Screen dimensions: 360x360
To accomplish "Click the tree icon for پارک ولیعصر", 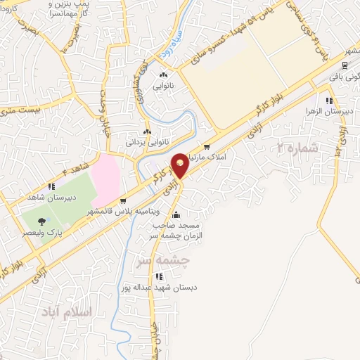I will tap(41, 221).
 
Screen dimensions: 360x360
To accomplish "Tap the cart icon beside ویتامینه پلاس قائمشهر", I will tap(124, 199).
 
